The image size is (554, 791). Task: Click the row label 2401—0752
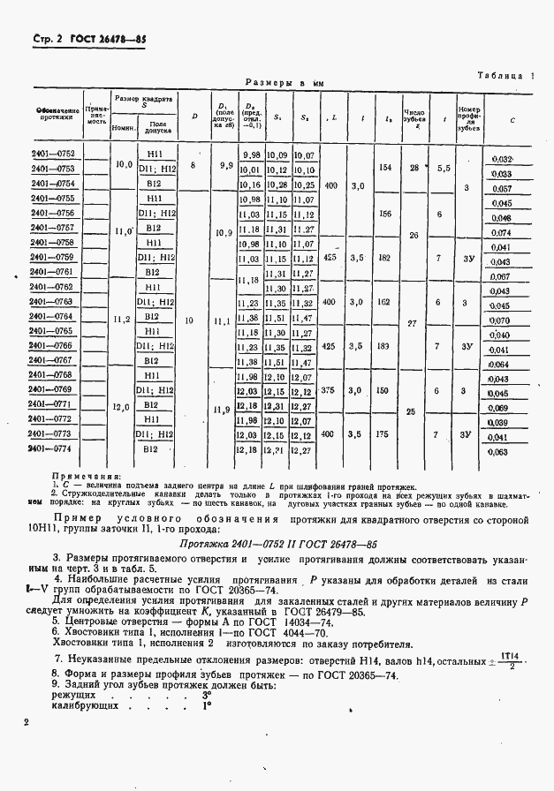[x=53, y=154]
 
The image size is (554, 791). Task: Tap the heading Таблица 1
[x=506, y=75]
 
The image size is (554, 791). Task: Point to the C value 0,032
[x=501, y=159]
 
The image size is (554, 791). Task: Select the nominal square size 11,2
[x=123, y=318]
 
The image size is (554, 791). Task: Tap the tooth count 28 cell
[x=414, y=168]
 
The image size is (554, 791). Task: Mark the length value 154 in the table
[x=384, y=168]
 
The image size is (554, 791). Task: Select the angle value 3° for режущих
[x=206, y=694]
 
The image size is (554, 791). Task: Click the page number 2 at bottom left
[x=28, y=722]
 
